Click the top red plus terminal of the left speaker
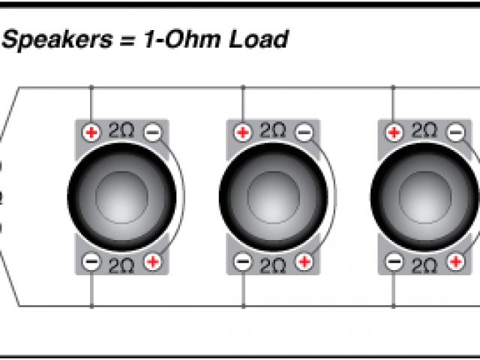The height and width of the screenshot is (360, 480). [x=91, y=133]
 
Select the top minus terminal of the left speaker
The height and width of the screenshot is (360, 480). [x=151, y=133]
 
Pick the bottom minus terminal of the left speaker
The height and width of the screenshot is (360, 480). [x=91, y=262]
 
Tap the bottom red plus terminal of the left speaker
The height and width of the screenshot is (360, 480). [x=152, y=262]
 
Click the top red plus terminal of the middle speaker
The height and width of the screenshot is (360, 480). [x=243, y=133]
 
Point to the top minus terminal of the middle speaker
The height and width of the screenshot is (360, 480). [x=303, y=133]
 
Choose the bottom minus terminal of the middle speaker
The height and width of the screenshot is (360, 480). [x=243, y=262]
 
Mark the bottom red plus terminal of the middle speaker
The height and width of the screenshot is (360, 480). [x=304, y=262]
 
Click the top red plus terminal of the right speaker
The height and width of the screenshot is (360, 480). [x=394, y=133]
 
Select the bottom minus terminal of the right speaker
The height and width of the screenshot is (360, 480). [x=394, y=262]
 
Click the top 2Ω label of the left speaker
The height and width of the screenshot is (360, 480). [x=121, y=131]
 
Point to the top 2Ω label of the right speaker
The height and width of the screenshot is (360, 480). [x=424, y=131]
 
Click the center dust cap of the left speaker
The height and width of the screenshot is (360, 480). [x=124, y=196]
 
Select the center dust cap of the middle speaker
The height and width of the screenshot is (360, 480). [x=276, y=196]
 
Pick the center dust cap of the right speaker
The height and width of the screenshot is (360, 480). [x=427, y=196]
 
